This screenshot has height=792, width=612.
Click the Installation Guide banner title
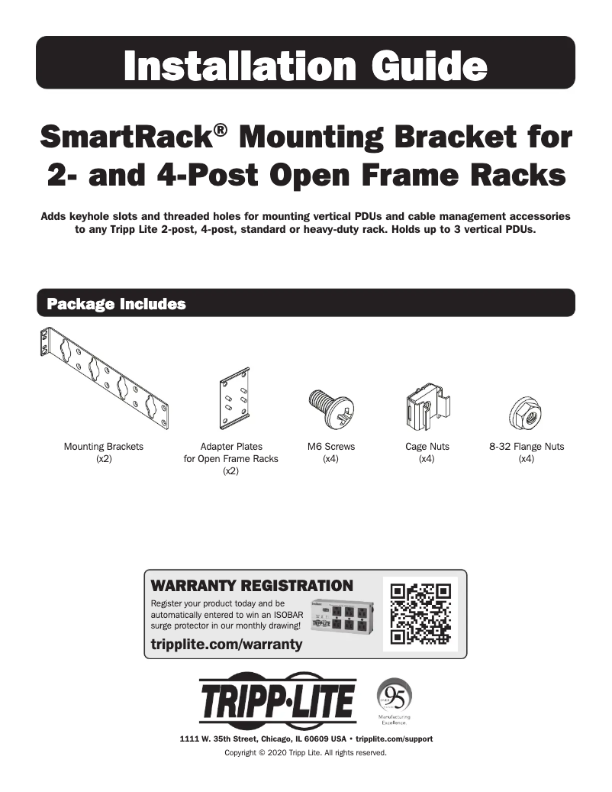click(305, 64)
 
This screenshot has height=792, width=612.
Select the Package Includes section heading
click(117, 304)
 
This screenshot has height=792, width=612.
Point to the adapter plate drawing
click(234, 401)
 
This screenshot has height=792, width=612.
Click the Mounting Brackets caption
click(104, 447)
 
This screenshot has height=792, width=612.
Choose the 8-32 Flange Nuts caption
click(527, 447)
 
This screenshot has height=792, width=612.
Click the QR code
click(419, 614)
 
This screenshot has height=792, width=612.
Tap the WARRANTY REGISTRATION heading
click(253, 587)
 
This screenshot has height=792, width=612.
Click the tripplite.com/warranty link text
click(227, 645)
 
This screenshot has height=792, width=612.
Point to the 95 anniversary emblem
click(395, 697)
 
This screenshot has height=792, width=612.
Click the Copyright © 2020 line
click(305, 752)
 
